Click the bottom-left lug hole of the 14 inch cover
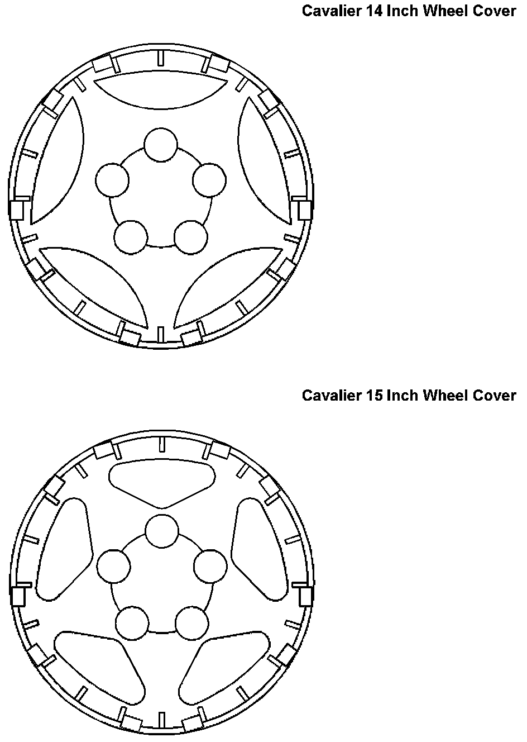[x=131, y=237]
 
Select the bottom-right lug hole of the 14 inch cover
[x=191, y=237]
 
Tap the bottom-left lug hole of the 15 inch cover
[x=132, y=622]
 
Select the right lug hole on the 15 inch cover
[x=210, y=566]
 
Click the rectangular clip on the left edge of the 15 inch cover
[x=18, y=596]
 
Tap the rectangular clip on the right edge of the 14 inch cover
[x=304, y=210]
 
